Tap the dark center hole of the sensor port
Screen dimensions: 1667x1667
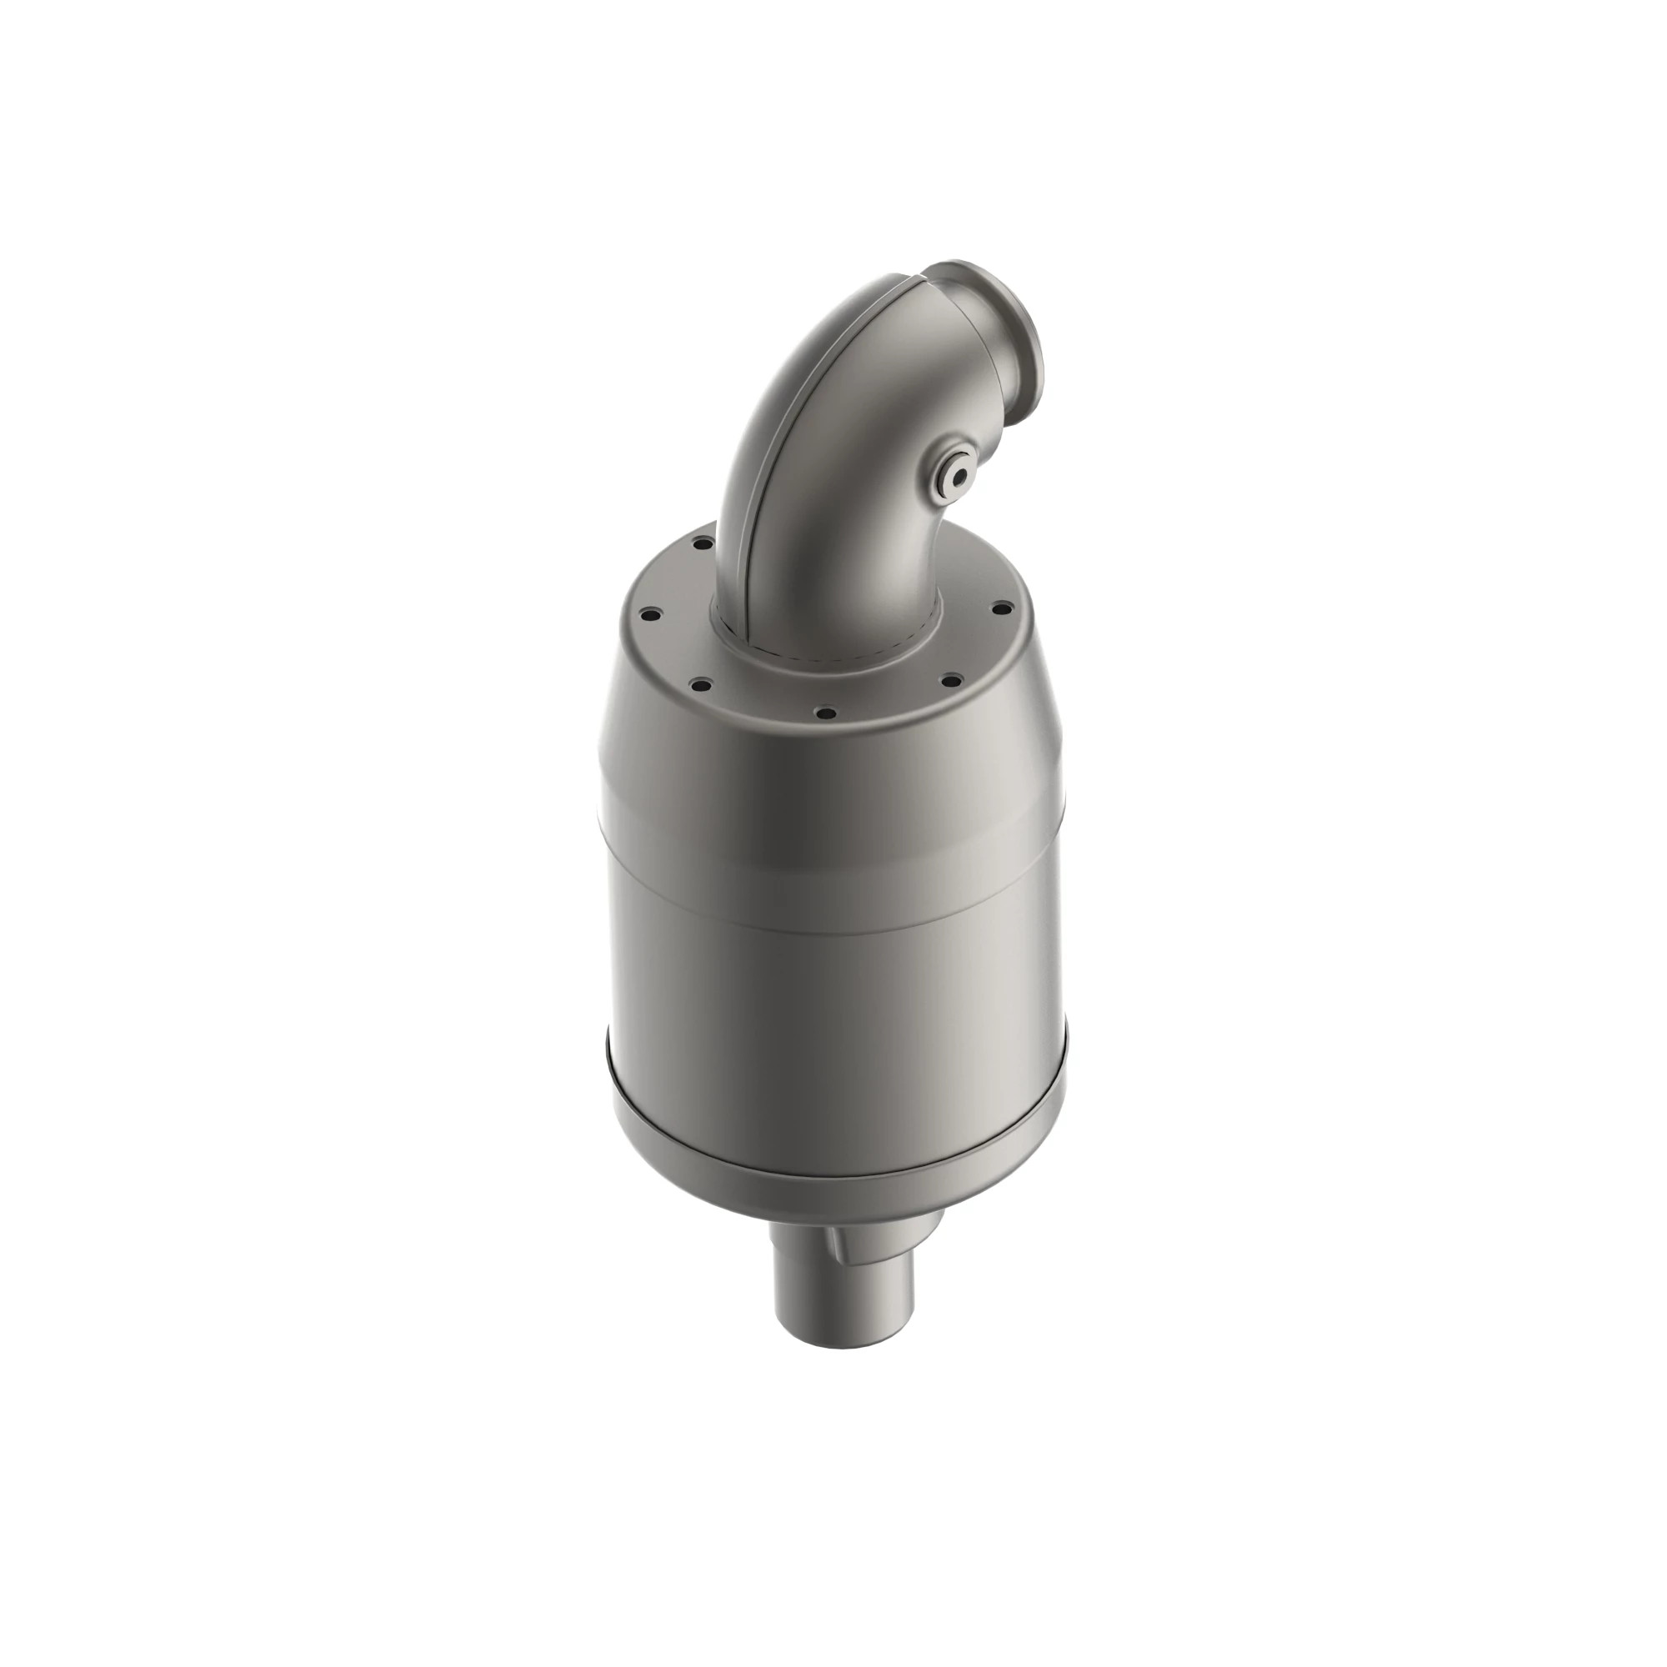click(957, 475)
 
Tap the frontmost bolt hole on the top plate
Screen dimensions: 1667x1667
click(826, 713)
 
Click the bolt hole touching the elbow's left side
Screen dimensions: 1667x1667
click(703, 545)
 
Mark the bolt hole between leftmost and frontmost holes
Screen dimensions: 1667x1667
click(701, 685)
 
